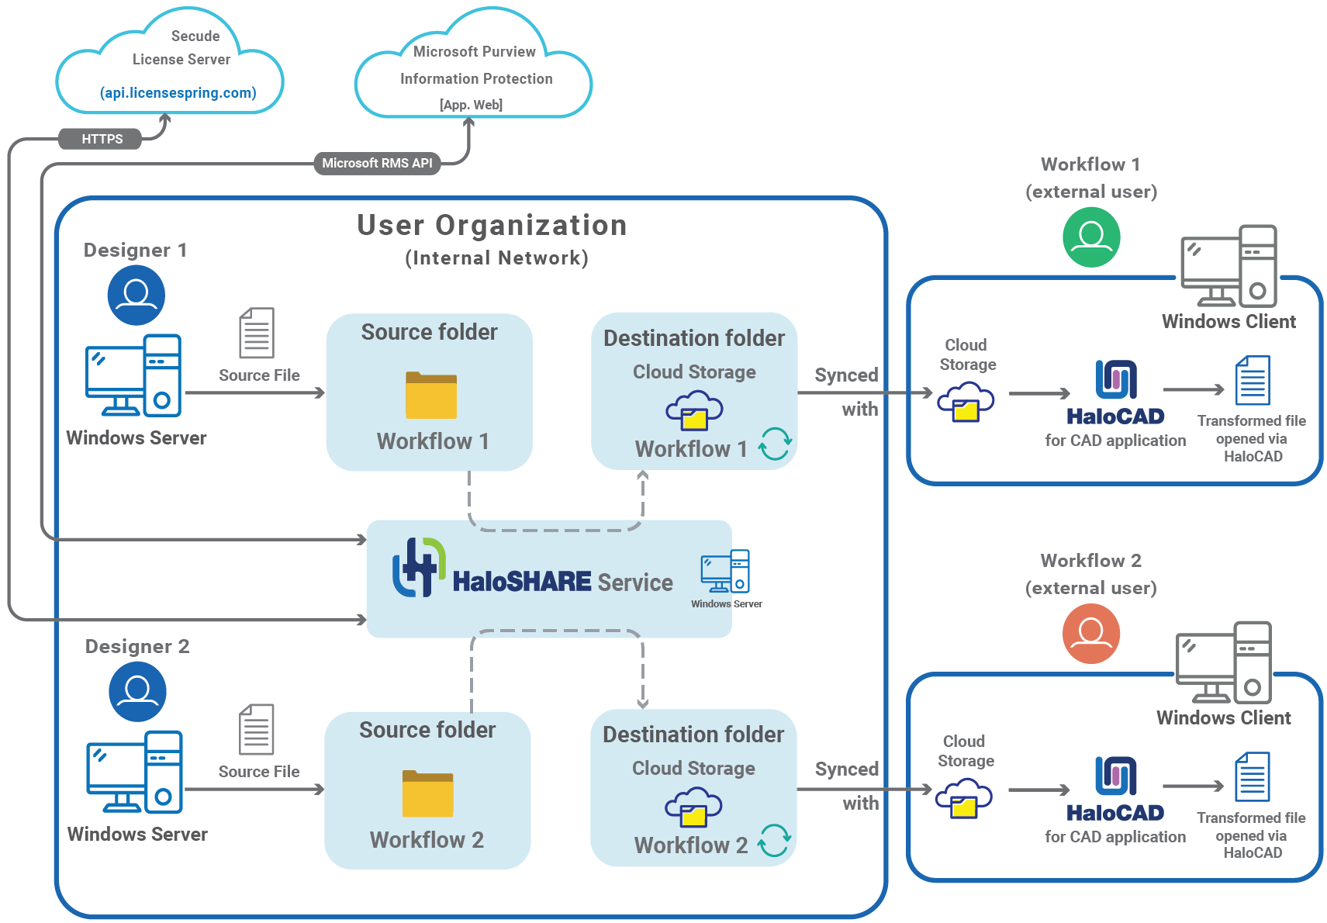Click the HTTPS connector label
(x=101, y=139)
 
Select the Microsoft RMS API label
(x=377, y=163)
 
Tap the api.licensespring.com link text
(x=178, y=93)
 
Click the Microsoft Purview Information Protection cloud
(x=474, y=74)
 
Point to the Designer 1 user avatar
(x=136, y=295)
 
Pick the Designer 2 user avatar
(x=137, y=691)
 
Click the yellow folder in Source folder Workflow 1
(x=430, y=396)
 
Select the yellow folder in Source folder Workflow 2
(x=427, y=793)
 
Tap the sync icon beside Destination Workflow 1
(x=775, y=444)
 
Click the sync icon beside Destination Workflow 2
(x=774, y=840)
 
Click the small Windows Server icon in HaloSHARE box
(x=725, y=572)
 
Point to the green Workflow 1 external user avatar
(x=1091, y=237)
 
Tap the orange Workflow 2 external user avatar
(x=1090, y=634)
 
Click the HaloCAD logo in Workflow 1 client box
(x=1115, y=380)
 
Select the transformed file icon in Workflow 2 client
(x=1252, y=776)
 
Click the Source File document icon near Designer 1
(x=257, y=333)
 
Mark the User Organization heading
(x=492, y=226)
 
